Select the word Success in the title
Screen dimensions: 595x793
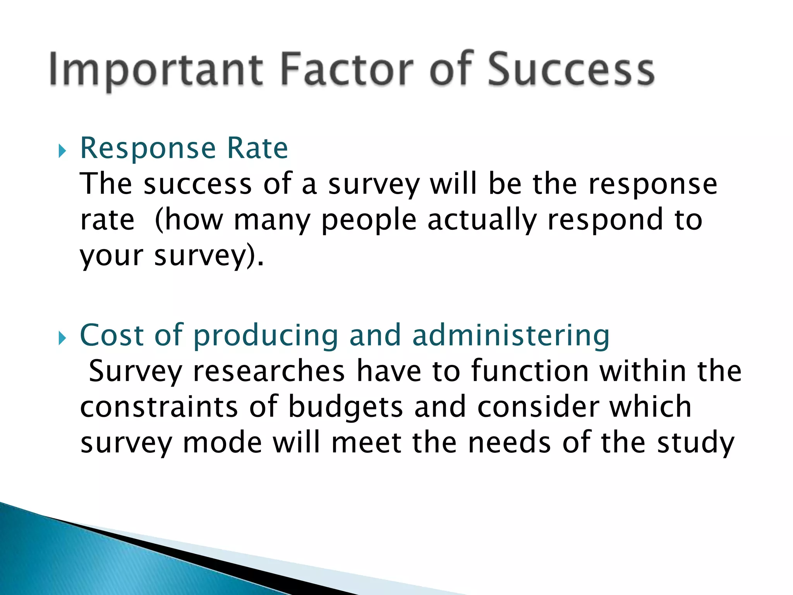click(x=571, y=70)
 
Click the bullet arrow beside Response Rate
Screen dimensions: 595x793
click(x=62, y=151)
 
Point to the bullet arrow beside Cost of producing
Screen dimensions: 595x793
click(x=62, y=338)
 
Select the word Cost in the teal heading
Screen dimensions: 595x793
click(x=112, y=335)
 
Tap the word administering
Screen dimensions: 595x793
click(x=511, y=335)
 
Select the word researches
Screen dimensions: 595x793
click(x=268, y=371)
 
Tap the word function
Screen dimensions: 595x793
click(x=530, y=371)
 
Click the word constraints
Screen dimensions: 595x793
click(x=159, y=407)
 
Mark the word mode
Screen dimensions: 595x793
click(x=222, y=443)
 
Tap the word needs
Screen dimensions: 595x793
click(x=509, y=443)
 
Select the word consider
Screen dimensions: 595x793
click(x=538, y=407)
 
